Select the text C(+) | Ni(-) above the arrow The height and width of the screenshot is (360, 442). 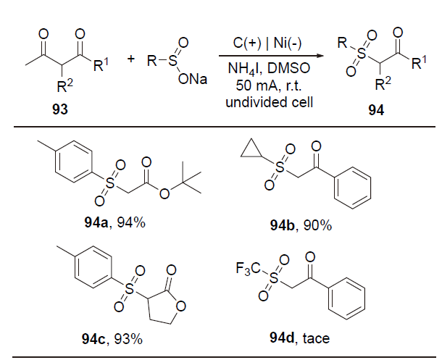point(270,43)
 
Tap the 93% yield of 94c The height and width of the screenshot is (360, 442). point(130,337)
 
